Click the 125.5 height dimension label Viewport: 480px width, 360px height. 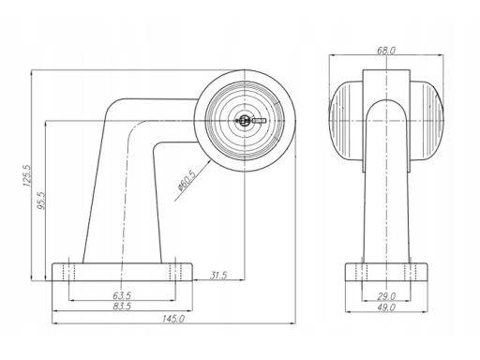(26, 175)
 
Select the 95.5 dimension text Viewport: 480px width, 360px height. (41, 201)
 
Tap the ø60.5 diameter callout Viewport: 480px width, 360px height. (186, 180)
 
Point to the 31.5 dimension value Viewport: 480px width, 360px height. (218, 276)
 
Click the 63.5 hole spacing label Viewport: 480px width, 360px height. (122, 295)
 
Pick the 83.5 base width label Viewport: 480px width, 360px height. (122, 307)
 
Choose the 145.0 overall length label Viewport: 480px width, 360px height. (173, 319)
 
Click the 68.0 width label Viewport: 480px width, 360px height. (386, 51)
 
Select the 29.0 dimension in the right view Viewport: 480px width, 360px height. (386, 295)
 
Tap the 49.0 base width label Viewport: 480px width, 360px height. (386, 307)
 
